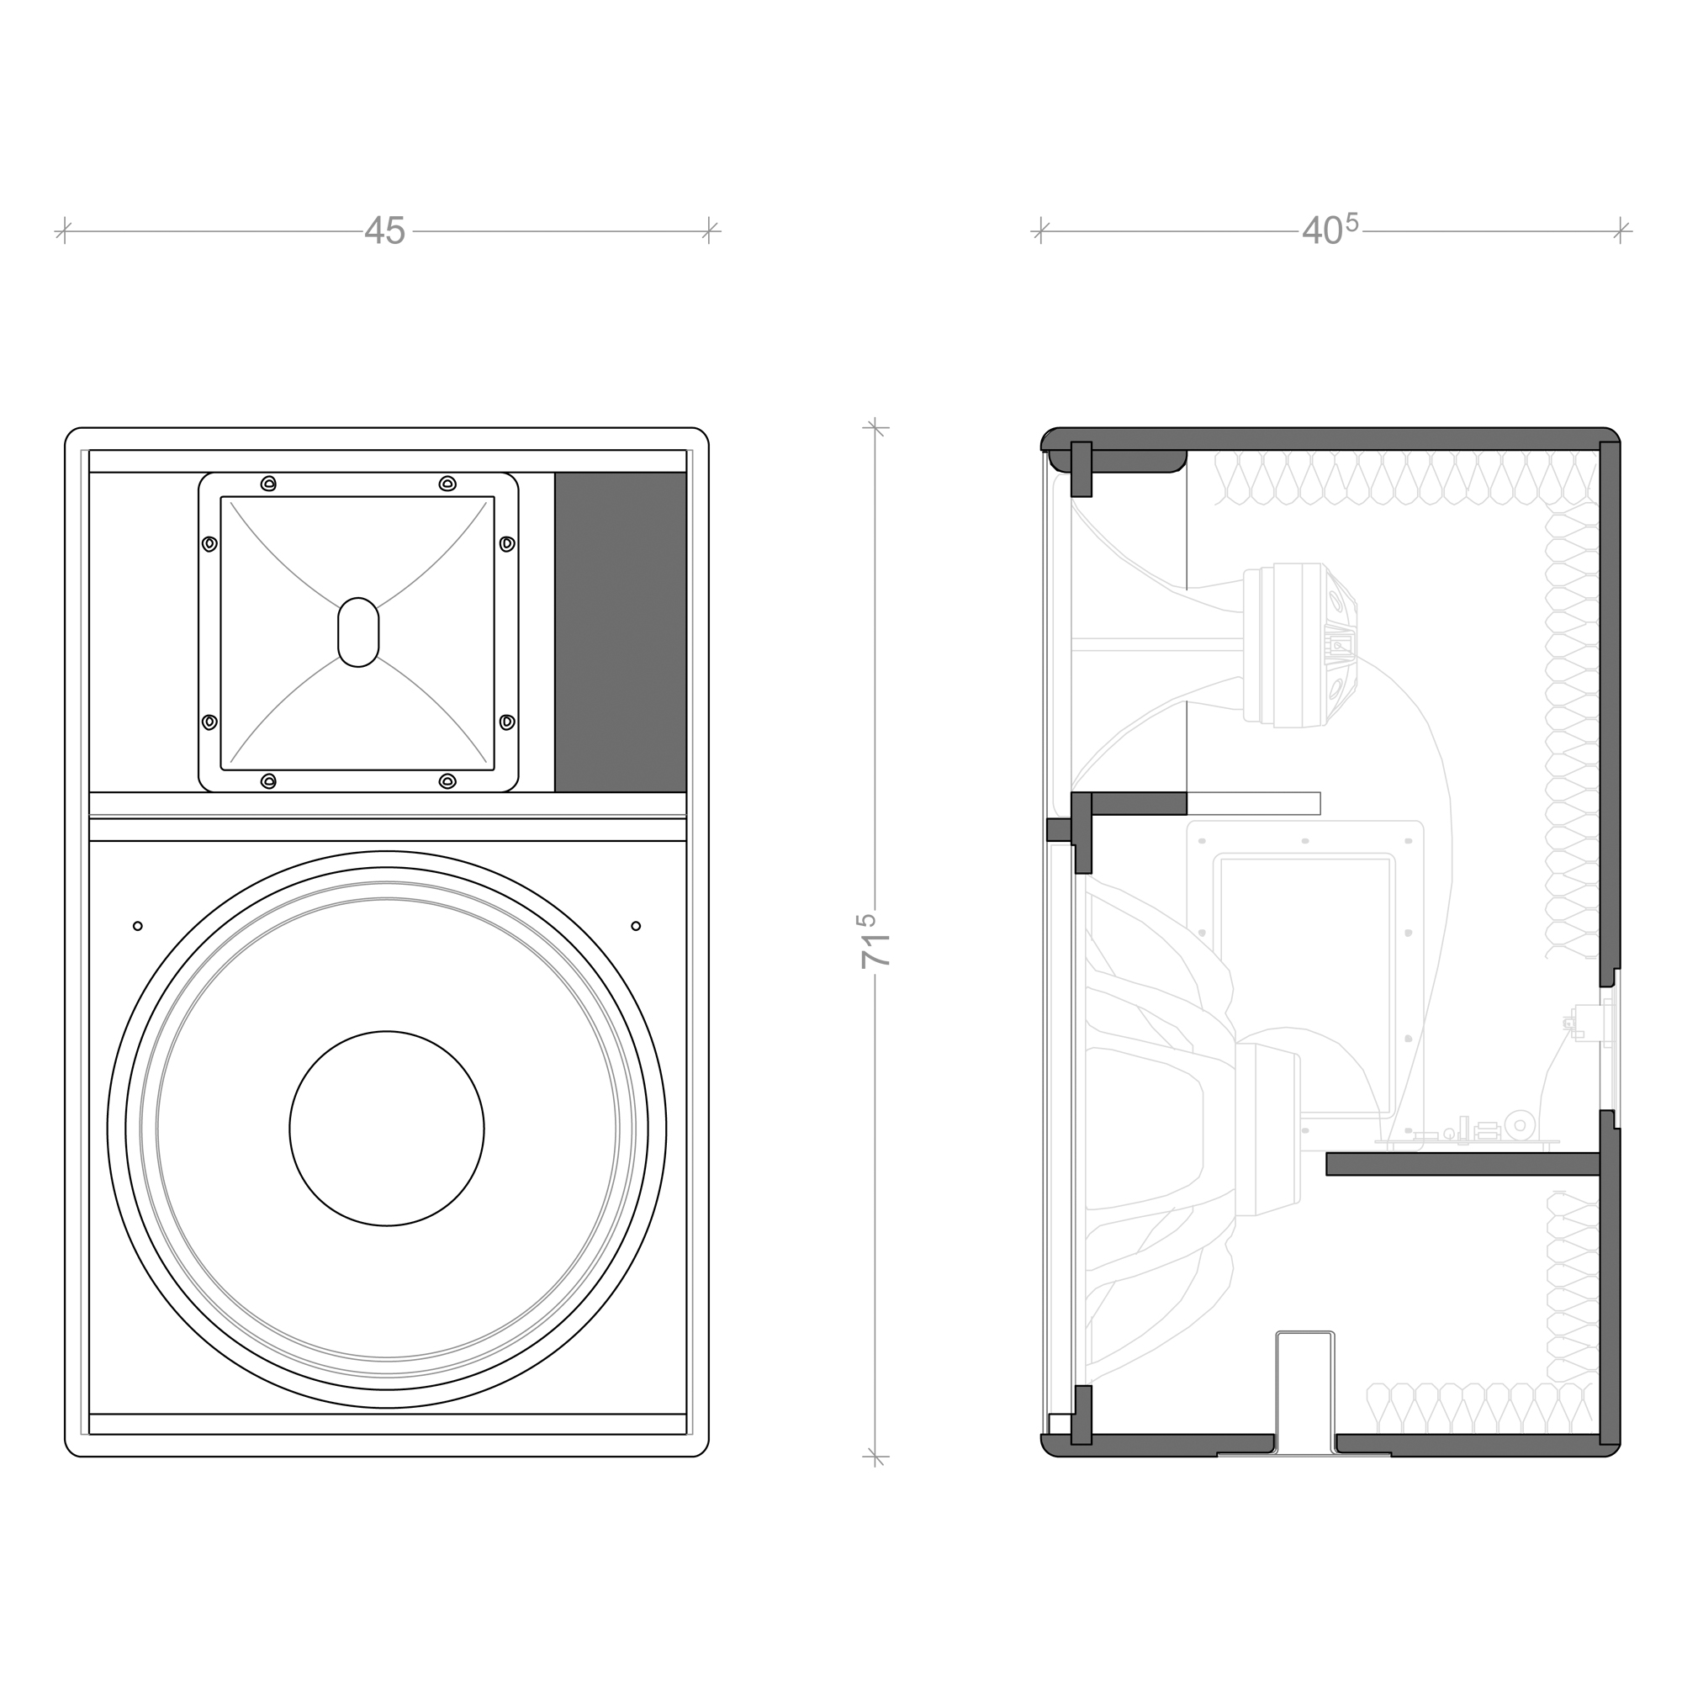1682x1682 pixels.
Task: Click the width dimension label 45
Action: (385, 231)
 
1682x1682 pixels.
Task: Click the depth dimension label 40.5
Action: (1330, 229)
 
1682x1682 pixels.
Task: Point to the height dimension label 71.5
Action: (875, 940)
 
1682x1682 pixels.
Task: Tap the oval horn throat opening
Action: (357, 632)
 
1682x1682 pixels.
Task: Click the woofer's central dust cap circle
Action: (387, 1129)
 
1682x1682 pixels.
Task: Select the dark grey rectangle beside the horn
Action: (621, 632)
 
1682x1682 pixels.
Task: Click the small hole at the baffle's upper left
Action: (138, 926)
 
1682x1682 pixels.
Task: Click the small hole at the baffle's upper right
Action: (636, 925)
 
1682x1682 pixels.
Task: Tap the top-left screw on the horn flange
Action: (268, 484)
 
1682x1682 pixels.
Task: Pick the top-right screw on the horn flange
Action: (447, 484)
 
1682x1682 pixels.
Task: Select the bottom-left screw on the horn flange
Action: (268, 781)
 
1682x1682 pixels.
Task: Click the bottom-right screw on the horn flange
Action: (447, 781)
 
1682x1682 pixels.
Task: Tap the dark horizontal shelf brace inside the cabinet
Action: (1462, 1164)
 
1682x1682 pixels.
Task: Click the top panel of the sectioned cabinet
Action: (1330, 440)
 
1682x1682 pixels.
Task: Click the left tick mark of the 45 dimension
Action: (65, 231)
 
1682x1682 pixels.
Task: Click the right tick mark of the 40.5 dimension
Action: (1621, 231)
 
